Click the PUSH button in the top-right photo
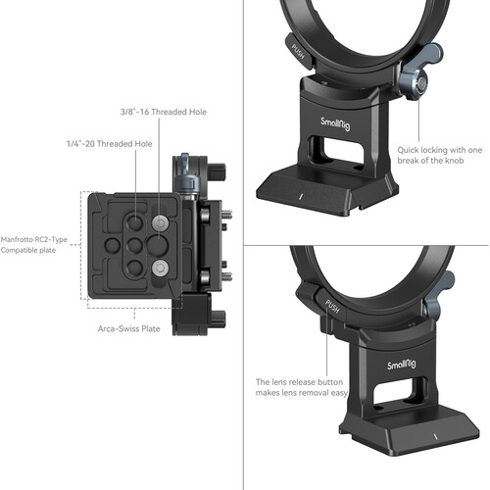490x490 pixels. pos(298,44)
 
